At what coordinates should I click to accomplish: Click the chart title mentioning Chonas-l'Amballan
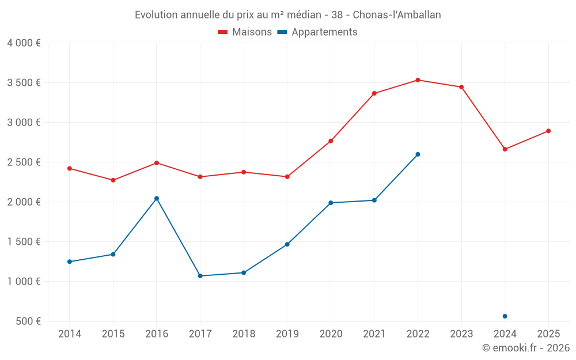click(x=287, y=15)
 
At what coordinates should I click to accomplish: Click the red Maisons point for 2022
click(x=418, y=80)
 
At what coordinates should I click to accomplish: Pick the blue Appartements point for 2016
click(x=157, y=198)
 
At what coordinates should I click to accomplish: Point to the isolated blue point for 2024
click(x=505, y=316)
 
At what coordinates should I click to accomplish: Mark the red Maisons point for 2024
click(x=505, y=149)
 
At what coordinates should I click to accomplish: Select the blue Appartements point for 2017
click(x=200, y=276)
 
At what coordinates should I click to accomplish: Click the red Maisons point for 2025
click(x=548, y=131)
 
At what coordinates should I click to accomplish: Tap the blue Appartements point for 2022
click(x=418, y=154)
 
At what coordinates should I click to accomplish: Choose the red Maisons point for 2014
click(x=70, y=168)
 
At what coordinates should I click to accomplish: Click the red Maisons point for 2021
click(x=374, y=93)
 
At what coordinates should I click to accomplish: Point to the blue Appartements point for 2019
click(x=287, y=244)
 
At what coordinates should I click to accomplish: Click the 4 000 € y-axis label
click(x=24, y=43)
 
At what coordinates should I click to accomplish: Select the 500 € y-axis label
click(x=28, y=321)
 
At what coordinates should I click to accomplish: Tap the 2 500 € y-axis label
click(x=24, y=162)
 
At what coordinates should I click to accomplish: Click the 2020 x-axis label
click(x=331, y=334)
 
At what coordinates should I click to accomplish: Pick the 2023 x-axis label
click(x=461, y=334)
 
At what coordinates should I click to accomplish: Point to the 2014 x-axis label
click(x=70, y=334)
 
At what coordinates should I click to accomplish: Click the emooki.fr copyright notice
click(x=525, y=348)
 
